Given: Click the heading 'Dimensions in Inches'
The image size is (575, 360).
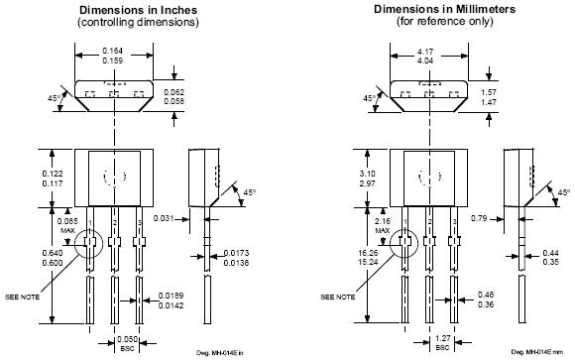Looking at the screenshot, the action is [x=138, y=10].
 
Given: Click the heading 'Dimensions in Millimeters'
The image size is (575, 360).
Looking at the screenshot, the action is [x=444, y=9].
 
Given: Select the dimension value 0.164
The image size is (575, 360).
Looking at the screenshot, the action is [x=113, y=51].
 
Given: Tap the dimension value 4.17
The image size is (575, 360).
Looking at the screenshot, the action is [x=425, y=52].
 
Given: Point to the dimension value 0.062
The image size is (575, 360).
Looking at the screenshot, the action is [x=173, y=92].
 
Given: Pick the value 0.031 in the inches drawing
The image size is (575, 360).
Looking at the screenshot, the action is [x=164, y=218].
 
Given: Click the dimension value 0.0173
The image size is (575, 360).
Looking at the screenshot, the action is [x=236, y=253].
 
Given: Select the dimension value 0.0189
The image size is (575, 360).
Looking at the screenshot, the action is [x=171, y=296].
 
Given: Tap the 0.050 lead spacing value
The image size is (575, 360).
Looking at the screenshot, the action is [x=127, y=339].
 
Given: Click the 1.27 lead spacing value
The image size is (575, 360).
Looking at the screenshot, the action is [x=442, y=338].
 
